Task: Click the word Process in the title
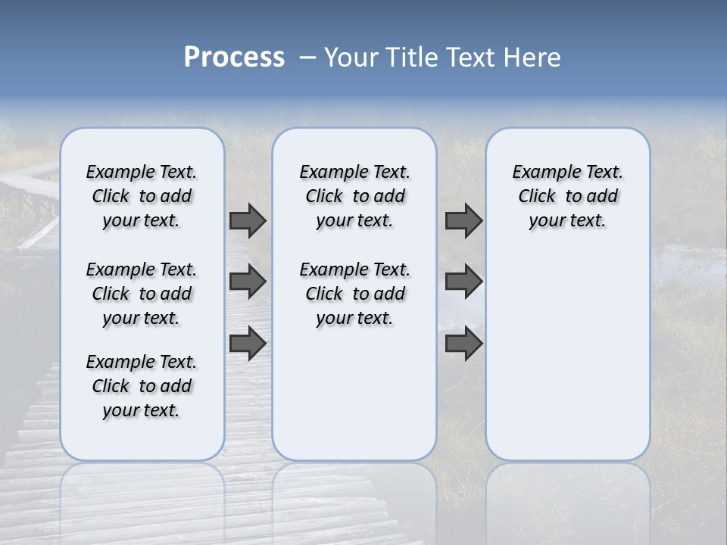coord(234,58)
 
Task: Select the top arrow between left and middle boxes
coord(248,220)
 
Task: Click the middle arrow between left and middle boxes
coord(248,282)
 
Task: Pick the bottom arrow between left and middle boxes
coord(248,343)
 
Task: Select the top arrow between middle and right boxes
coord(463,220)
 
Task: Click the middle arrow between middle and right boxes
coord(463,282)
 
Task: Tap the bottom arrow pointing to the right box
coord(463,343)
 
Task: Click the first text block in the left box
coord(142,196)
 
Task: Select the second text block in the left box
coord(142,294)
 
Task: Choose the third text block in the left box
coord(142,386)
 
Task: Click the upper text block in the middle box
coord(354,196)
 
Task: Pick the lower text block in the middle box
coord(354,294)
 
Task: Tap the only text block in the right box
coord(567,196)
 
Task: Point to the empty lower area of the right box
coord(567,356)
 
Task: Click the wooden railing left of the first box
coord(30,204)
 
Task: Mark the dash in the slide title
coord(307,58)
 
